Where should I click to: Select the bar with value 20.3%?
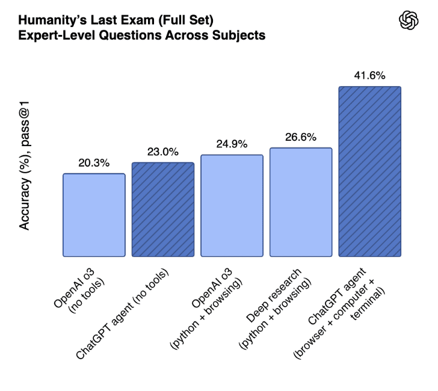click(94, 215)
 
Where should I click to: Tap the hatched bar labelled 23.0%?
click(163, 209)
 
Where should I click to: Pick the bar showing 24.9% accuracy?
click(232, 206)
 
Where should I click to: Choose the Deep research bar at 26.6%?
click(301, 202)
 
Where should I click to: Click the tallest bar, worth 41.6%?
click(369, 171)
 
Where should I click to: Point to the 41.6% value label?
click(370, 76)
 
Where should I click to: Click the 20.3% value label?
click(94, 162)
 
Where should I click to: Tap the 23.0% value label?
click(163, 152)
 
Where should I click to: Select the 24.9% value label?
click(232, 144)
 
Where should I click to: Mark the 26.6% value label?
click(301, 137)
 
